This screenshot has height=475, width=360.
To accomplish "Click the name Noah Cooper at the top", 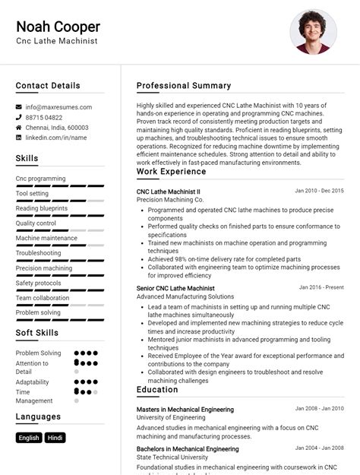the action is point(58,27).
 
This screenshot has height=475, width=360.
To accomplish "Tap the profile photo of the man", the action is point(313,32).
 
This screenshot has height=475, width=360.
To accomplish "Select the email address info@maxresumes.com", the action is point(58,107).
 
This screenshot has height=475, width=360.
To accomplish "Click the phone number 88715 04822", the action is point(44,118).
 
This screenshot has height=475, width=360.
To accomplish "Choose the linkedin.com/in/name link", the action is point(56,138).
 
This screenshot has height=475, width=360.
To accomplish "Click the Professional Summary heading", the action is point(184,86).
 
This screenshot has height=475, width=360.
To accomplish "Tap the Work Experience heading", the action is point(171,172).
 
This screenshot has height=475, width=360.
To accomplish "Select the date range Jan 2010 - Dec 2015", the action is point(319,191).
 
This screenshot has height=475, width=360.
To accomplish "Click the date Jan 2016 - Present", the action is point(321,288).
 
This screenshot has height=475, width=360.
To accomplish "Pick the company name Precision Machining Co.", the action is point(170,200).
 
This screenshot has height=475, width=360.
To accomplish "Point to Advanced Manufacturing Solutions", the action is point(185,296).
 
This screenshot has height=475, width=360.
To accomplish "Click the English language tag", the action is point(29,438).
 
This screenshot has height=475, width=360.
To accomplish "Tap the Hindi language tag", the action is point(55,438).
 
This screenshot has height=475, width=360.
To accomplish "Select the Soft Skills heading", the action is point(37,333).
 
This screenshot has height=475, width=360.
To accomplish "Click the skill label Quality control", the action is point(36,223).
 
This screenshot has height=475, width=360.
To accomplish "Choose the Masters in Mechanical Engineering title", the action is point(185,410).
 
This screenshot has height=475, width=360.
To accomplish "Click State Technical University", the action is point(172,458).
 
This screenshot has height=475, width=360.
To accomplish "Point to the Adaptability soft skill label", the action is point(33,382).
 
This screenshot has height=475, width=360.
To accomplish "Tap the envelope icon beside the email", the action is point(19,107).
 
